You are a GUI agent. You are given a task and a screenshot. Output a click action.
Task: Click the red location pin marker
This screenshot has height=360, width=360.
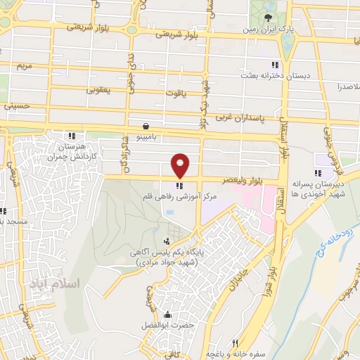[x=181, y=165]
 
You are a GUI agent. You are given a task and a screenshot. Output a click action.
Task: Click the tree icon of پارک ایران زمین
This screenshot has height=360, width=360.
[x=268, y=18]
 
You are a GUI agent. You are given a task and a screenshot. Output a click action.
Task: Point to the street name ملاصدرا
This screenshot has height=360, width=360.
[x=347, y=86]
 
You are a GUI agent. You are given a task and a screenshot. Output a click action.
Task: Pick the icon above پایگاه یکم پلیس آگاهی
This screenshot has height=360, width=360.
[x=166, y=243]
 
